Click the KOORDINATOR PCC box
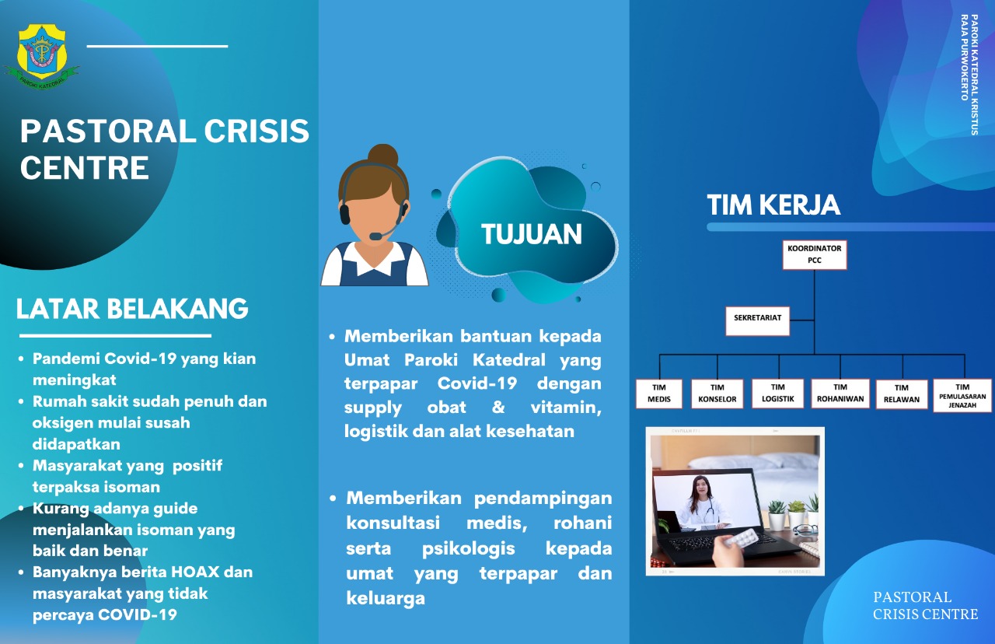(814, 254)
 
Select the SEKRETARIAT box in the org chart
(757, 321)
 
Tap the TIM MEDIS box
(658, 394)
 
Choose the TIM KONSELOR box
(717, 394)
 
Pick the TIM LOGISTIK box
(778, 393)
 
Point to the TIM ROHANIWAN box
(840, 393)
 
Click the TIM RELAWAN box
(901, 394)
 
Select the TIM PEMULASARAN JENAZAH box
(962, 395)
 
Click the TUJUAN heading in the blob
(531, 234)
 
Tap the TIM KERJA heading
(773, 205)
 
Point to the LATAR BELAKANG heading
(132, 309)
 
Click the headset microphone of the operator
(376, 236)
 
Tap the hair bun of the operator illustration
(382, 156)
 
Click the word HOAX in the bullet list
(195, 572)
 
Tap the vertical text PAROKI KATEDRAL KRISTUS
(974, 75)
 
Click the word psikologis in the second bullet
(468, 549)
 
